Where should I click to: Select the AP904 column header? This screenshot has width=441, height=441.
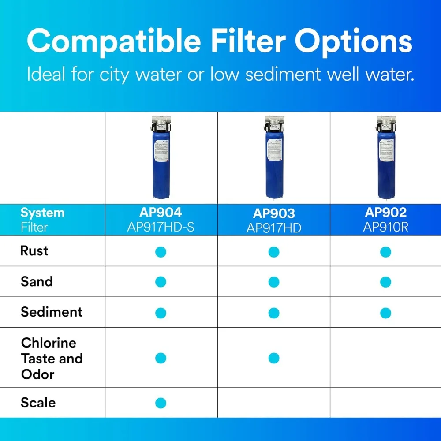point(161,213)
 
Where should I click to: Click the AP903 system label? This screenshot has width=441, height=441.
point(273,213)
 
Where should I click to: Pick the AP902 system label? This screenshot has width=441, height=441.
point(385,213)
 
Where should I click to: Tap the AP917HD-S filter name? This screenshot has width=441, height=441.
point(161,227)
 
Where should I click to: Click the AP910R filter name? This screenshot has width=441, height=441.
point(385,227)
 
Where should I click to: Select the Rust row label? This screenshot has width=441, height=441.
point(34,251)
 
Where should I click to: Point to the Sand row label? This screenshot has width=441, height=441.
point(37,281)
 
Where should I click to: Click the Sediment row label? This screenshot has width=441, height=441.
point(52,312)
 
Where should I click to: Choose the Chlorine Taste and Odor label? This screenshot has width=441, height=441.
point(52,358)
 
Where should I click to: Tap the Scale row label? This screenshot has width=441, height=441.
point(38,402)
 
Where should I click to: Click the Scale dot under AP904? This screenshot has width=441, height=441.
point(161,403)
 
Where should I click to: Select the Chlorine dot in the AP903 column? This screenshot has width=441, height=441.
point(273,358)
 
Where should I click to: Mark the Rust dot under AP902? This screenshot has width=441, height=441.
point(385,252)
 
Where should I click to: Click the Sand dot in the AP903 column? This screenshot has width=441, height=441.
point(273,282)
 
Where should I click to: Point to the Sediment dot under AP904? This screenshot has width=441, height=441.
point(161,313)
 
